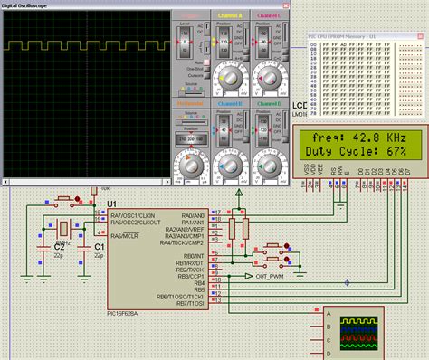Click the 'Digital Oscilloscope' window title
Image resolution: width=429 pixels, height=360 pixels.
(x=27, y=5)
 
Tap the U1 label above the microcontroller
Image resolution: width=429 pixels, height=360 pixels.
(x=112, y=204)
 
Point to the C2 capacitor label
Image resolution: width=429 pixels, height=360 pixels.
(x=59, y=246)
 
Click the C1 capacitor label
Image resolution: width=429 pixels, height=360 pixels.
(x=100, y=246)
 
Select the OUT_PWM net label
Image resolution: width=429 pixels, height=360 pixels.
(x=271, y=276)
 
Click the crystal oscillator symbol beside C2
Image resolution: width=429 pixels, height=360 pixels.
(x=64, y=228)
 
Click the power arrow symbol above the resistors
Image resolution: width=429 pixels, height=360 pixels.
(x=238, y=192)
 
